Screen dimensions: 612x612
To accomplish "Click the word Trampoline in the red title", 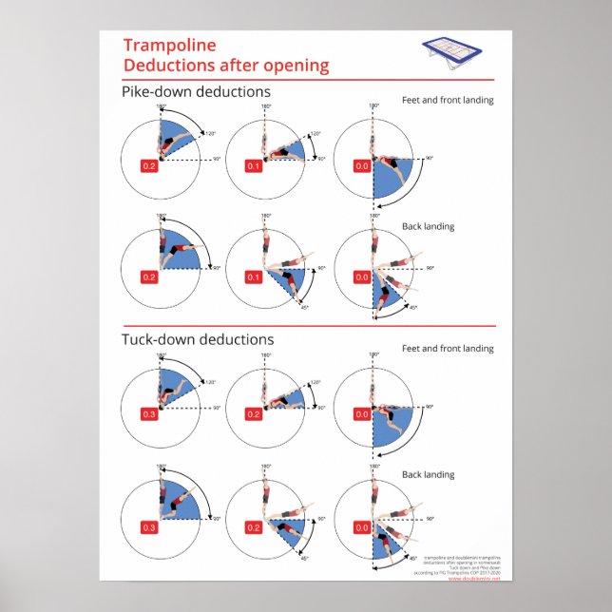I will (x=170, y=46).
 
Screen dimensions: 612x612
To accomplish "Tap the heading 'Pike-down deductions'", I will (x=196, y=91).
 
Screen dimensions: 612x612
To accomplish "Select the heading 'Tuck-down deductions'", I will (x=198, y=339).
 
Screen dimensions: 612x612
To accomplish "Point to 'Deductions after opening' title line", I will (x=226, y=66).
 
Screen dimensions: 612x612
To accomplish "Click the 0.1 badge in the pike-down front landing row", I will (x=255, y=166).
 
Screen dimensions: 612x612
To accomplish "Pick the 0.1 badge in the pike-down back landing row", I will (x=255, y=277).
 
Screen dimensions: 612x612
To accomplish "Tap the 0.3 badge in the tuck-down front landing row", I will (x=149, y=414).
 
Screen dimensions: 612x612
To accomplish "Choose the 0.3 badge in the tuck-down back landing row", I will (x=149, y=526).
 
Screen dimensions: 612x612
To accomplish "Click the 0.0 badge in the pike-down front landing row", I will (x=360, y=166).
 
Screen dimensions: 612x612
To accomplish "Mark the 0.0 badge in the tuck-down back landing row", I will (x=360, y=526).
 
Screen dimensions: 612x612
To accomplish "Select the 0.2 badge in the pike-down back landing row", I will (x=149, y=277).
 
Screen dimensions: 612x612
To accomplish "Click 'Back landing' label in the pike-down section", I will (x=427, y=226).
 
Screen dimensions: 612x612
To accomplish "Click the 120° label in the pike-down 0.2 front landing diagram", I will (x=210, y=134).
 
